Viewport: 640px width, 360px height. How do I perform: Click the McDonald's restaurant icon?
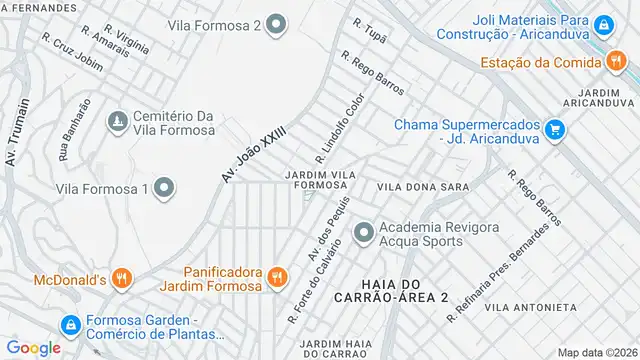121,279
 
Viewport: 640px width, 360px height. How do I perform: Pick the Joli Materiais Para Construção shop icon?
604,25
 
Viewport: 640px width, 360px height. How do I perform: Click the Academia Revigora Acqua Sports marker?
363,233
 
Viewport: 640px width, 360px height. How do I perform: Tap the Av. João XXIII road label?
254,153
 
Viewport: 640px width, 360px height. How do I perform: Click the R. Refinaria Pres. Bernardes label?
499,272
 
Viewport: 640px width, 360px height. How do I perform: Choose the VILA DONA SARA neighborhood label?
423,187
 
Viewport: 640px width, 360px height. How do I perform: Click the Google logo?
33,347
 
